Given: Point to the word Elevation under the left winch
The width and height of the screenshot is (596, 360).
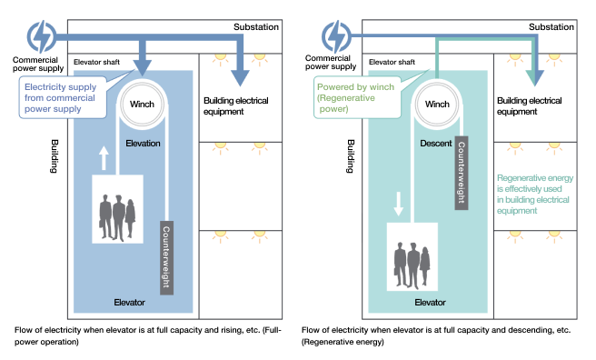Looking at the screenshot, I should (x=144, y=144).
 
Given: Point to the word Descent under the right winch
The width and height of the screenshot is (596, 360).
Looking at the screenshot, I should (x=438, y=144).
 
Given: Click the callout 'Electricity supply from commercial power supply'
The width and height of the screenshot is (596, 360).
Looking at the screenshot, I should (x=65, y=96).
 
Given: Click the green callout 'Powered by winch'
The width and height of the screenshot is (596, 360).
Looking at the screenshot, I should (x=355, y=96).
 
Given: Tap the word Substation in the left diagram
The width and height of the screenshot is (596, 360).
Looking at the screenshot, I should (x=256, y=27).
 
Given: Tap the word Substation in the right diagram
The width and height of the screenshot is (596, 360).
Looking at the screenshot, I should (x=551, y=27).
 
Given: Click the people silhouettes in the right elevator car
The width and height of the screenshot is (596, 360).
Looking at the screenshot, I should (x=412, y=260).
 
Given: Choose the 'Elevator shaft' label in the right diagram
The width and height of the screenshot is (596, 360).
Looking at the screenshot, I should (x=392, y=62).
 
